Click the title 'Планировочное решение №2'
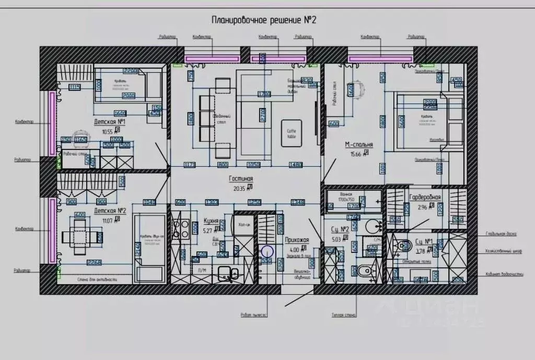click(264, 20)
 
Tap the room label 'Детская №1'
click(110, 122)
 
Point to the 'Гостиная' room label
click(240, 179)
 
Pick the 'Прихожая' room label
click(297, 240)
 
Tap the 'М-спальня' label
click(358, 145)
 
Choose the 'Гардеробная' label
click(425, 198)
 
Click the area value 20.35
click(239, 187)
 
